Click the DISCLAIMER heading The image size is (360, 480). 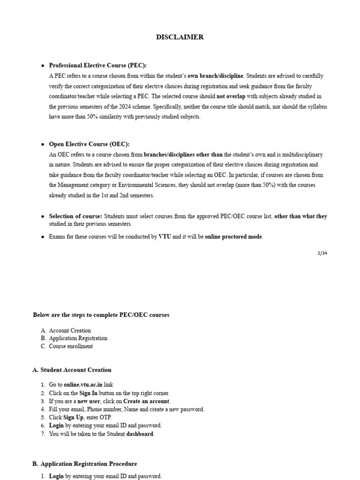pyautogui.click(x=180, y=37)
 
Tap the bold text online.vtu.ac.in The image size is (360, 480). pyautogui.click(x=82, y=384)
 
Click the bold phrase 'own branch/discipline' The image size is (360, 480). pyautogui.click(x=216, y=76)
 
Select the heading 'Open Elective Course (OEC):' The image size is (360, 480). pyautogui.click(x=89, y=144)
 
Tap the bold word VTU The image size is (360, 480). pyautogui.click(x=165, y=237)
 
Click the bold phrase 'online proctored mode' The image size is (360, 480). pyautogui.click(x=233, y=237)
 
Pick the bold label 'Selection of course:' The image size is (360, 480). pyautogui.click(x=75, y=216)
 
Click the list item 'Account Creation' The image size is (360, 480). pyautogui.click(x=70, y=330)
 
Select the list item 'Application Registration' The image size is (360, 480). pyautogui.click(x=78, y=338)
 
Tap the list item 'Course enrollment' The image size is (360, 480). pyautogui.click(x=71, y=346)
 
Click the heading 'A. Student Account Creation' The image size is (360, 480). pyautogui.click(x=72, y=370)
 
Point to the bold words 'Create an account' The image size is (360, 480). pyautogui.click(x=147, y=401)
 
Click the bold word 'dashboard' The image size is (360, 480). pyautogui.click(x=140, y=434)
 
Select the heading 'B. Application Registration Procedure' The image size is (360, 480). pyautogui.click(x=84, y=464)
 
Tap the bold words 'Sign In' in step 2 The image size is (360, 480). pyautogui.click(x=89, y=393)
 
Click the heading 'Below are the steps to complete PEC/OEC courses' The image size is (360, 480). pyautogui.click(x=101, y=315)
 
